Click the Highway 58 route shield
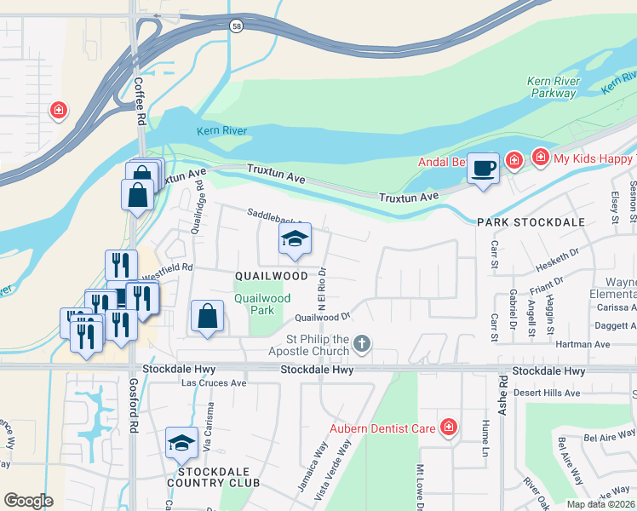tap(236, 27)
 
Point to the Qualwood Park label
tap(262, 304)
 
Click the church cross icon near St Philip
tap(362, 344)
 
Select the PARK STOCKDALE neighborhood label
tap(531, 221)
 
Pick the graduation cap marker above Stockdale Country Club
tap(181, 443)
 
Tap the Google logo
tap(28, 501)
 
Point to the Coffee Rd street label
tap(138, 101)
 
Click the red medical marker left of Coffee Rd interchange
tap(58, 110)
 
